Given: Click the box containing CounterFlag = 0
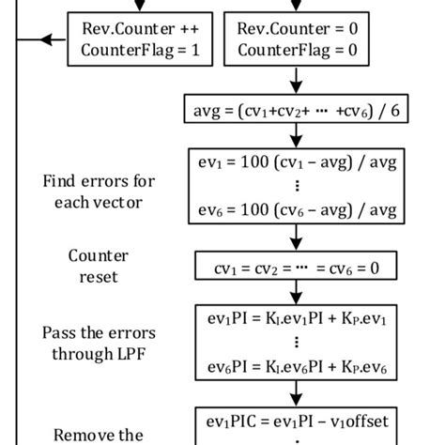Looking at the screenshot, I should [297, 39].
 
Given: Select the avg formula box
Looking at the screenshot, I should [296, 110].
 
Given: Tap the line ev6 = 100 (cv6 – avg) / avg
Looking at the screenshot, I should [297, 214].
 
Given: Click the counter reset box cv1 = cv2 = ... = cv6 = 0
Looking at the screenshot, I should [296, 268].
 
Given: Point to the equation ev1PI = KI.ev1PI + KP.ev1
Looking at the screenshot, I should [297, 318].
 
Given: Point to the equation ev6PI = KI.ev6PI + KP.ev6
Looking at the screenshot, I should [297, 369].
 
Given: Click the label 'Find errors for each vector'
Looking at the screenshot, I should [99, 191].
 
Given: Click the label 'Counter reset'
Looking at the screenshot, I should [99, 267].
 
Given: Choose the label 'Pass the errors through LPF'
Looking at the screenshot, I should [99, 344].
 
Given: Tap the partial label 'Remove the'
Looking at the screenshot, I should [99, 434].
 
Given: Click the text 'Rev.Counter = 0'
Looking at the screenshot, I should [297, 28].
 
